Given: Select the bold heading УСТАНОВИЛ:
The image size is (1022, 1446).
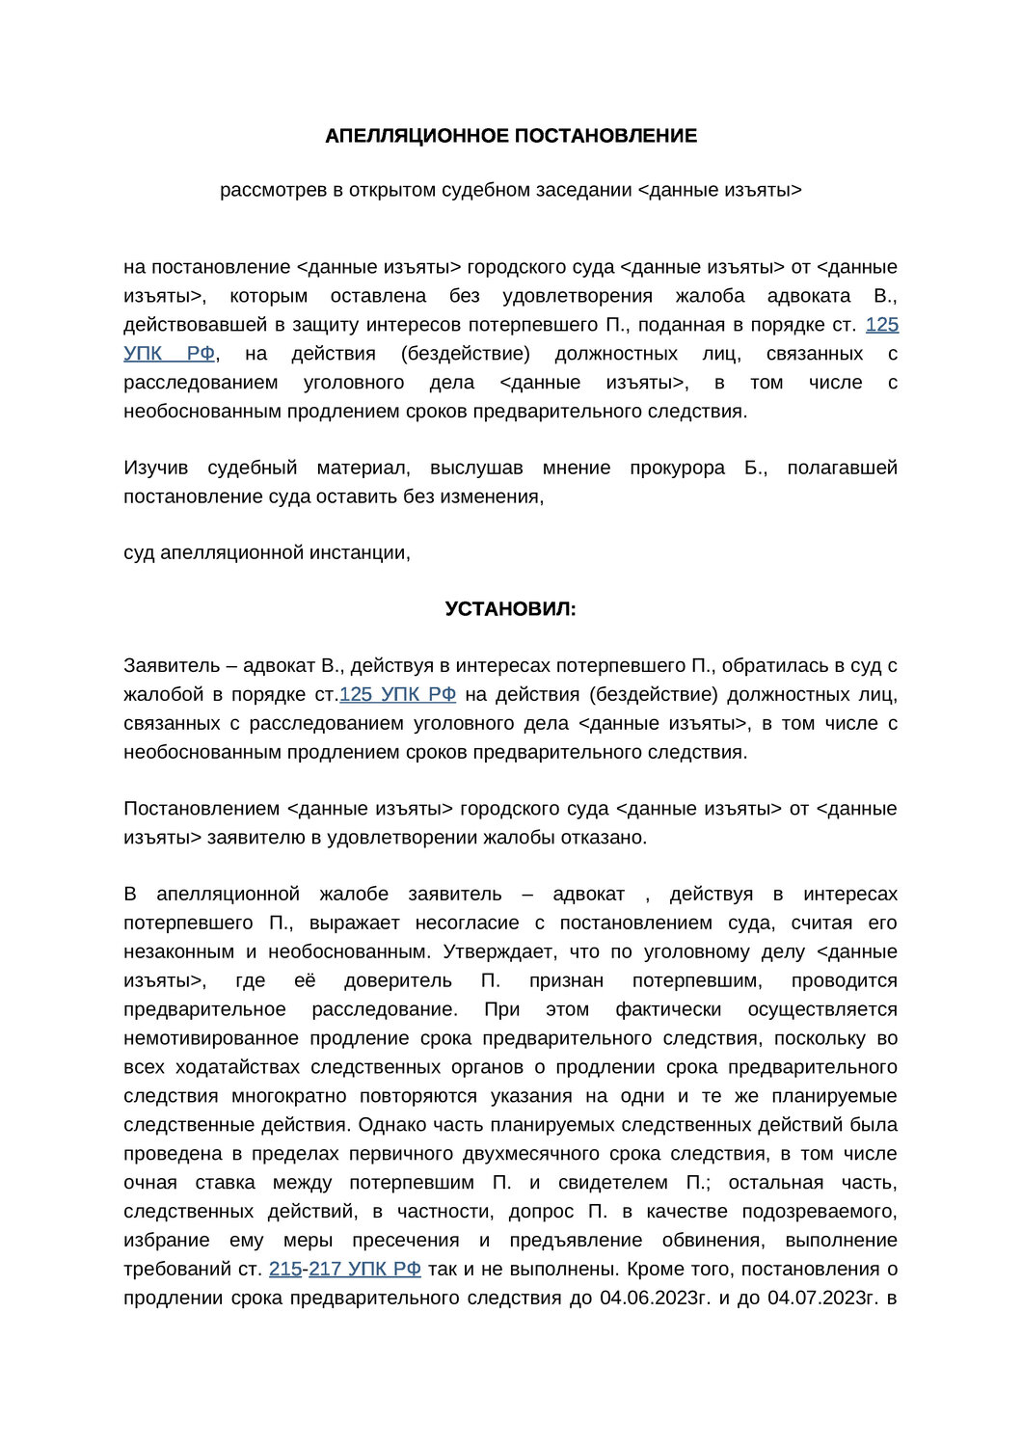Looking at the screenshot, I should [510, 609].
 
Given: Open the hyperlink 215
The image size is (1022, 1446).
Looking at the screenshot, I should [285, 1269].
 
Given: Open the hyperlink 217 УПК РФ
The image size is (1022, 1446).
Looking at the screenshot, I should [364, 1269].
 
